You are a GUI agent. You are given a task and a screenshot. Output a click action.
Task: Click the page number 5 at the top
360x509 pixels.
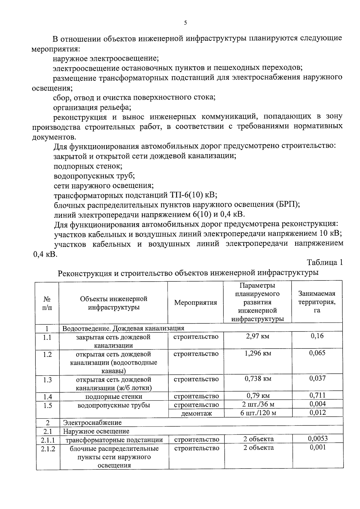tap(185, 23)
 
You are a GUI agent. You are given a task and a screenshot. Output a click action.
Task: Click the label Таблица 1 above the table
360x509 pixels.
tap(325, 262)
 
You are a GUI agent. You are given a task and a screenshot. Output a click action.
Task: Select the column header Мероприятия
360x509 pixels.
tap(195, 303)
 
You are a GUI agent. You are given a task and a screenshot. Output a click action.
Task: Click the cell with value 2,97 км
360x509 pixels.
tap(257, 336)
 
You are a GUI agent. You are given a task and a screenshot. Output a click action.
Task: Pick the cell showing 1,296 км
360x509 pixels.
tap(257, 353)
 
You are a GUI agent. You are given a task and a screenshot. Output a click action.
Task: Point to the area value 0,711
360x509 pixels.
tap(317, 395)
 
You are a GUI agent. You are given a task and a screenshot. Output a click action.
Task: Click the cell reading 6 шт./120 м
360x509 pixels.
tap(258, 413)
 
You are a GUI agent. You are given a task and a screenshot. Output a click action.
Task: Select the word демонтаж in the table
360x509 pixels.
tap(196, 413)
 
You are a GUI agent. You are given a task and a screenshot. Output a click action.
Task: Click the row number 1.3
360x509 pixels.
tap(47, 380)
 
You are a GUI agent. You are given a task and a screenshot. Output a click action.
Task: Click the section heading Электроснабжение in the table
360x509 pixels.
tap(92, 423)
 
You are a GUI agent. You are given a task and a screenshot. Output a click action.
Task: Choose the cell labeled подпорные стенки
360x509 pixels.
tap(114, 397)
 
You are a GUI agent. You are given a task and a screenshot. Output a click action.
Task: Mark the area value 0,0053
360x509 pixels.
tap(318, 439)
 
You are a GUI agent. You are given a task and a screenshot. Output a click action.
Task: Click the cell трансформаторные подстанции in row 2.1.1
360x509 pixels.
tap(114, 440)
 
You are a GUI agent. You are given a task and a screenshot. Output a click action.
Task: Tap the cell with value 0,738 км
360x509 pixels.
tap(258, 379)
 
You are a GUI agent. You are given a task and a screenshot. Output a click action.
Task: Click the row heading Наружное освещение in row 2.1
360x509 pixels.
tap(96, 431)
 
